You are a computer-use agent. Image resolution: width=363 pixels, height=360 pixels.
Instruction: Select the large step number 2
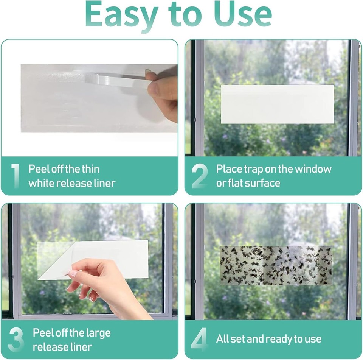[199, 176]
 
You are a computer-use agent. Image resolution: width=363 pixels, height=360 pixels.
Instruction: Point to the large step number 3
[16, 340]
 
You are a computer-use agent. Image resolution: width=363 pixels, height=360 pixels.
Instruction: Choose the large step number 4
[199, 340]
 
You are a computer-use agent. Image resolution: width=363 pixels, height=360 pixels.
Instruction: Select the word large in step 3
[98, 333]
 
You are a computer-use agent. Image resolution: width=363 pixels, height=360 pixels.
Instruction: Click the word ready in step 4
[278, 339]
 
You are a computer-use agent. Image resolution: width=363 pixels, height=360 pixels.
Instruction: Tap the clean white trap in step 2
[277, 104]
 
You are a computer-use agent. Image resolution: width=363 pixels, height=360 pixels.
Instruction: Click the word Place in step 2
[229, 169]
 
